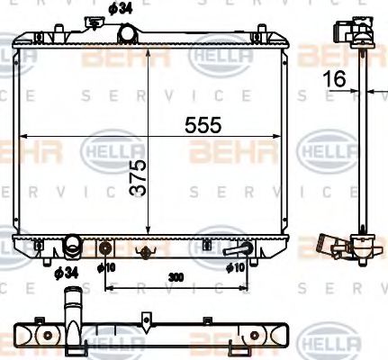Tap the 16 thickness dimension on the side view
point(336,79)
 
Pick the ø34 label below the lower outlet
point(64,271)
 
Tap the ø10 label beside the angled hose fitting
point(236,267)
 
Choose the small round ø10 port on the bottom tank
point(106,248)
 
